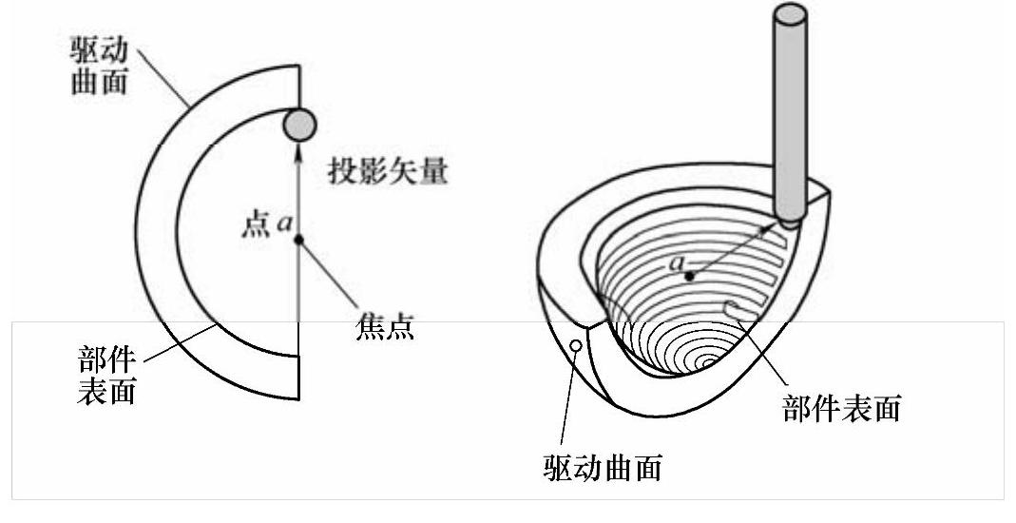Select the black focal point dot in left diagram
click(x=298, y=240)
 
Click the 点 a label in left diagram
click(x=265, y=226)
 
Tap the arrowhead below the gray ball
click(x=299, y=148)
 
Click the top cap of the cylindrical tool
click(x=791, y=14)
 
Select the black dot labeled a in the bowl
click(x=692, y=277)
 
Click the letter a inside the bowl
click(x=678, y=261)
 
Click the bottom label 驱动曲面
click(x=603, y=468)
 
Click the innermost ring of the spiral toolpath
click(x=706, y=362)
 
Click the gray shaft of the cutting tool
click(x=791, y=114)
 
